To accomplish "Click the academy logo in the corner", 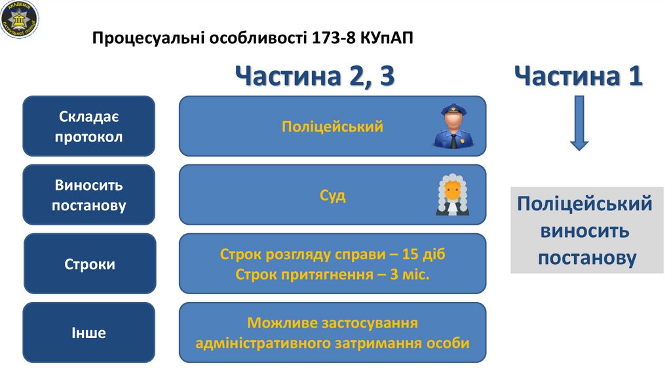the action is coord(20,18).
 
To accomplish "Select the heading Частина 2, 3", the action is coord(315,76).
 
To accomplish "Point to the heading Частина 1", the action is coord(579,76).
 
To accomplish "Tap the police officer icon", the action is coord(451,125).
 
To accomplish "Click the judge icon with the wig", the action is coord(453,195).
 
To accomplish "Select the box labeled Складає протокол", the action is coord(89,127).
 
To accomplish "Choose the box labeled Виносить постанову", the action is coord(89,195).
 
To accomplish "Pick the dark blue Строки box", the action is coord(90,264).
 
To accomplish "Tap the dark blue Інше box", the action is coord(89,333).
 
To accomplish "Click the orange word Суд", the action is coord(333,195).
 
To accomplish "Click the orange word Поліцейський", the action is coord(332,126).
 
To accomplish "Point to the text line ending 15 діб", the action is coord(333,254).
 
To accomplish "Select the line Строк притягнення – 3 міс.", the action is coord(333,274).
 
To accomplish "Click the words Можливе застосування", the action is coord(333,323).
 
